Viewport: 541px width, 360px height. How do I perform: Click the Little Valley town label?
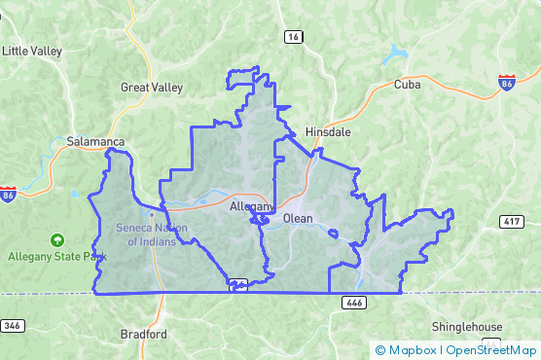pyautogui.click(x=32, y=51)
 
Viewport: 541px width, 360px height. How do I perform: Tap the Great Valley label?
pyautogui.click(x=151, y=88)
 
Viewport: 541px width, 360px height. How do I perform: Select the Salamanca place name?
pyautogui.click(x=96, y=141)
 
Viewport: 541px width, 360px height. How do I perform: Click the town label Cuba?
pyautogui.click(x=407, y=85)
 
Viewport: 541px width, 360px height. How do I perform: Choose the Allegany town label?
pyautogui.click(x=251, y=206)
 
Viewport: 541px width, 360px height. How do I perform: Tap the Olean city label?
pyautogui.click(x=298, y=219)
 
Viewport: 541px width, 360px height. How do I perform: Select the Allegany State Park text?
pyautogui.click(x=56, y=257)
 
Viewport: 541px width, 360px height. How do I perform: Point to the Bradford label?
pyautogui.click(x=143, y=334)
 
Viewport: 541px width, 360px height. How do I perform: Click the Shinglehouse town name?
pyautogui.click(x=469, y=327)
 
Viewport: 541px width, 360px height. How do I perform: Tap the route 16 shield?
pyautogui.click(x=293, y=36)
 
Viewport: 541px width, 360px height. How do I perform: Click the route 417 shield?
pyautogui.click(x=513, y=223)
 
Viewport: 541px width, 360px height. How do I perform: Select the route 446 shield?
pyautogui.click(x=353, y=304)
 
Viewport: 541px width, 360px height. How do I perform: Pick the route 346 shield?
pyautogui.click(x=12, y=325)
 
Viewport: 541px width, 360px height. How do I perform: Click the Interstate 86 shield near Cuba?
pyautogui.click(x=507, y=84)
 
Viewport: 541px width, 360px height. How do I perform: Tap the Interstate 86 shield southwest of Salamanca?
pyautogui.click(x=9, y=194)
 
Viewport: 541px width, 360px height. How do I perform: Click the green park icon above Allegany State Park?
pyautogui.click(x=56, y=239)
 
